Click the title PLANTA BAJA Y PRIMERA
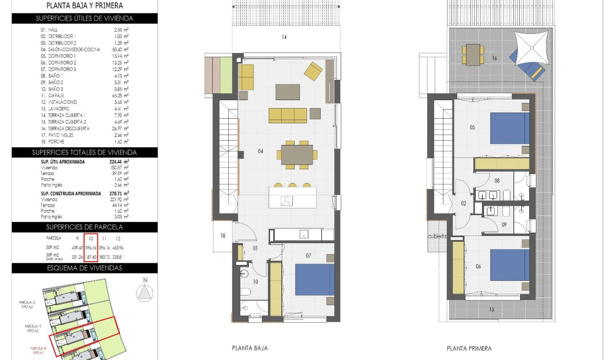click(84, 6)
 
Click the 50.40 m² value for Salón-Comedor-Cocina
click(119, 49)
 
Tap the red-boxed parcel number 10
click(91, 238)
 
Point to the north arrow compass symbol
click(145, 291)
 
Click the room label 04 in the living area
click(260, 151)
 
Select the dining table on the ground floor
click(297, 154)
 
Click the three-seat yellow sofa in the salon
click(287, 115)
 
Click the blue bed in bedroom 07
click(315, 279)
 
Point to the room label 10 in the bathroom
click(255, 282)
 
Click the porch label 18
click(223, 236)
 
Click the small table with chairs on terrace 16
click(473, 54)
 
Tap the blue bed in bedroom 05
click(510, 128)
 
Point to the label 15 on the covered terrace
click(491, 309)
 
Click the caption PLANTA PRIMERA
click(469, 349)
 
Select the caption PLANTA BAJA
click(249, 349)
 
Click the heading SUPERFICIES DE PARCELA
click(84, 227)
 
